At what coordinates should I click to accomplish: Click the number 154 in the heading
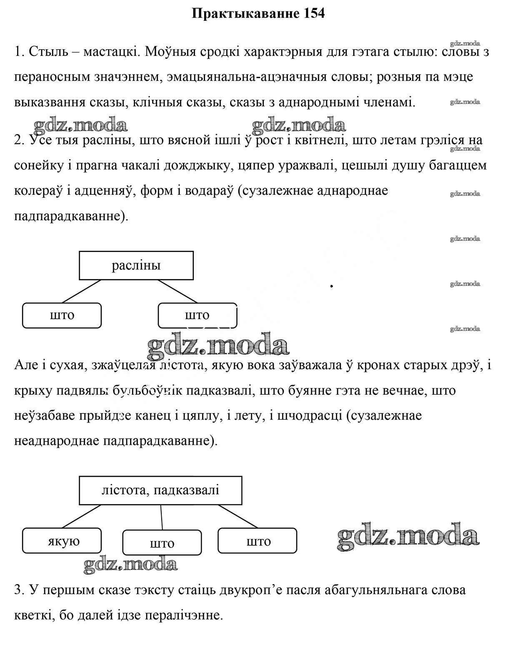[x=311, y=13]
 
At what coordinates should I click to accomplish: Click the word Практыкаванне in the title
[x=245, y=13]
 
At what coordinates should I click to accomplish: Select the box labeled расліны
[x=136, y=265]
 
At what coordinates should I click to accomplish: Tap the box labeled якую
[x=62, y=541]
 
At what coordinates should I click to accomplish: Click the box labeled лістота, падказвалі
[x=160, y=490]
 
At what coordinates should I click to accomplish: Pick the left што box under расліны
[x=62, y=315]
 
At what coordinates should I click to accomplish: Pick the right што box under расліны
[x=198, y=315]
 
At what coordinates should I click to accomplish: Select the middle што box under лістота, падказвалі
[x=162, y=543]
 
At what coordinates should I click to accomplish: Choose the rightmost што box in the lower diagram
[x=258, y=541]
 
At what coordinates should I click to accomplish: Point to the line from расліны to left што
[x=82, y=291]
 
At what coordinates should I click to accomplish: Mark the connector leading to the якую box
[x=82, y=516]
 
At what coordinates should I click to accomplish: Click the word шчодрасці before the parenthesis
[x=308, y=416]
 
